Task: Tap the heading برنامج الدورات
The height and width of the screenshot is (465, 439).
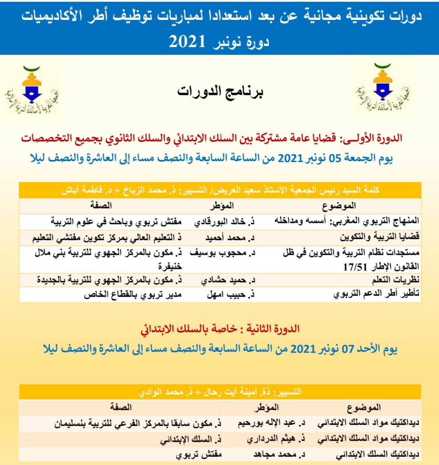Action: (x=220, y=92)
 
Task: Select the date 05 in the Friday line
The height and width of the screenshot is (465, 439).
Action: (x=335, y=158)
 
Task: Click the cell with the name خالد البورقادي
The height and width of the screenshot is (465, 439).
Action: (x=224, y=222)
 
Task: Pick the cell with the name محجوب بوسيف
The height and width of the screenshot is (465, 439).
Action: (x=222, y=253)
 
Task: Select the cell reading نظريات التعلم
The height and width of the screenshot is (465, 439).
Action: (x=395, y=280)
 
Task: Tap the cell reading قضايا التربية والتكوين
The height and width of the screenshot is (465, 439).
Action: (x=379, y=237)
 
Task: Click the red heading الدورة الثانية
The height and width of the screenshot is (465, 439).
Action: (x=220, y=329)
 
